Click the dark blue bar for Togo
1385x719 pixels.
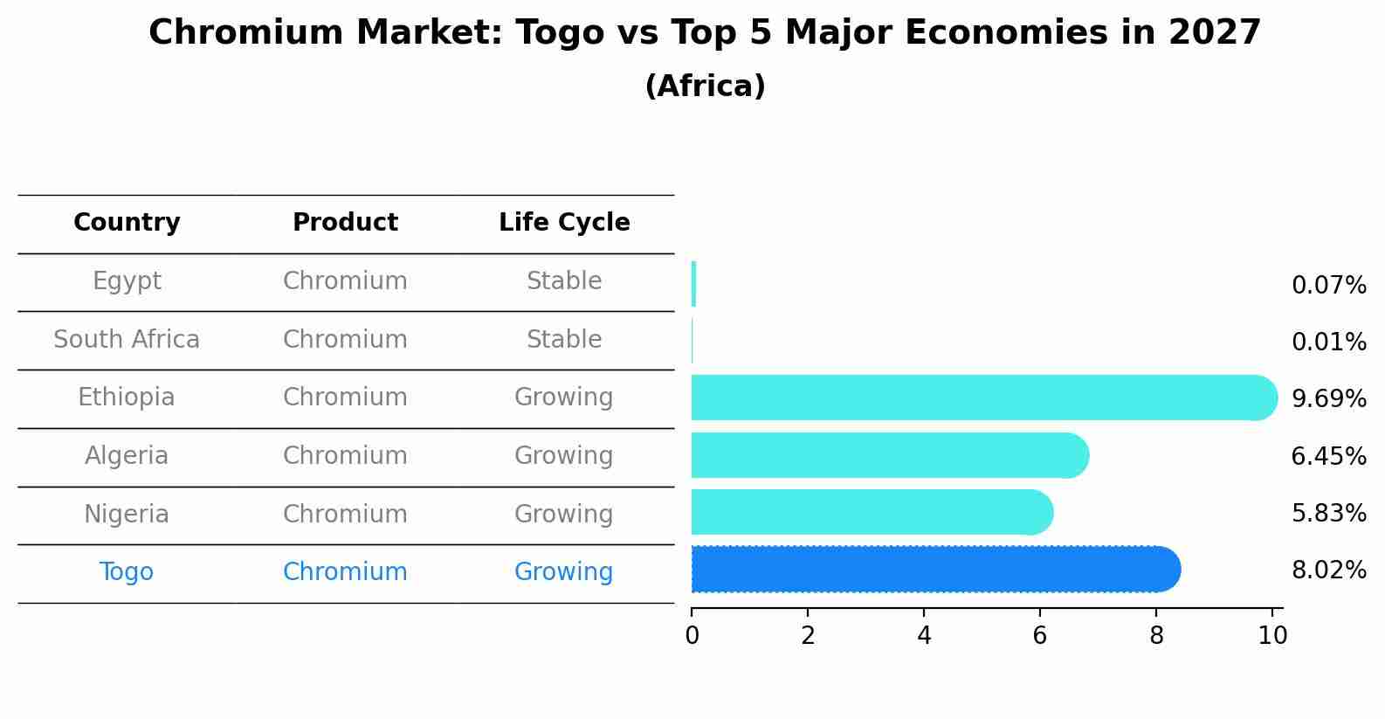(x=934, y=570)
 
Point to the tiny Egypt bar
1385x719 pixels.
(x=693, y=284)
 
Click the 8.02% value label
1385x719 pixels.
(x=1328, y=570)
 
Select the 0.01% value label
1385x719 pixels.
(x=1328, y=342)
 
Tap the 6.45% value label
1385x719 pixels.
(x=1328, y=456)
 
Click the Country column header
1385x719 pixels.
(x=127, y=223)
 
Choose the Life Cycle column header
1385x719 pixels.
(x=564, y=223)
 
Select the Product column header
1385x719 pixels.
(x=345, y=223)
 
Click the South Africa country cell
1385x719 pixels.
(x=127, y=340)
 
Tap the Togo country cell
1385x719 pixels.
(x=127, y=572)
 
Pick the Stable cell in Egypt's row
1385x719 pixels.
(x=564, y=281)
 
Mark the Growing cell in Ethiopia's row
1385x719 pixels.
(x=564, y=398)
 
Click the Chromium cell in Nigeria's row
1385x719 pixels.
(x=345, y=514)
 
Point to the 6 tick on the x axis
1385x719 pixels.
(x=1040, y=635)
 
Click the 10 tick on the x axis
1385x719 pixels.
(x=1272, y=635)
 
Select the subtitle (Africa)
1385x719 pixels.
(x=705, y=86)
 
